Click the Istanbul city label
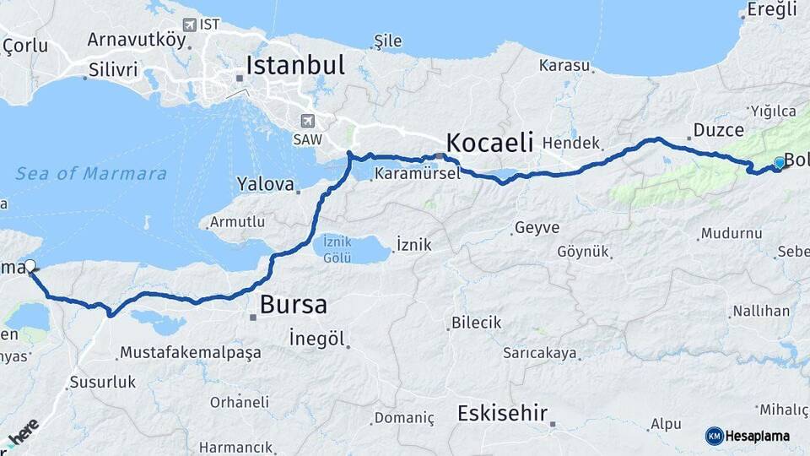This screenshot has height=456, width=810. click(295, 66)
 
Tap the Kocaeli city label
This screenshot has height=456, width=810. click(489, 141)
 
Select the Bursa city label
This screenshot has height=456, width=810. click(293, 305)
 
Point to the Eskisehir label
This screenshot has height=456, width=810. click(502, 414)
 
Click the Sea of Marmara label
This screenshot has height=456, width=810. click(91, 174)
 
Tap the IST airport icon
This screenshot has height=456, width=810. click(189, 24)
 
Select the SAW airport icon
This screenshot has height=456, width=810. click(307, 121)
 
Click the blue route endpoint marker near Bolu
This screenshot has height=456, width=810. click(779, 162)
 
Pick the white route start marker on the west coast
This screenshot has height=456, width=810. click(30, 266)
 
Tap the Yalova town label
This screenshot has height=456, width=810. click(265, 183)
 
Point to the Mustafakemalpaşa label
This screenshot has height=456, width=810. click(190, 352)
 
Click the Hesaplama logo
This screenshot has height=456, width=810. click(749, 436)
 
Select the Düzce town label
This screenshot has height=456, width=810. click(719, 130)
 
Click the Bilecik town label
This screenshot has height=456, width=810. click(476, 323)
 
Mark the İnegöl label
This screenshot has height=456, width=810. click(317, 339)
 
